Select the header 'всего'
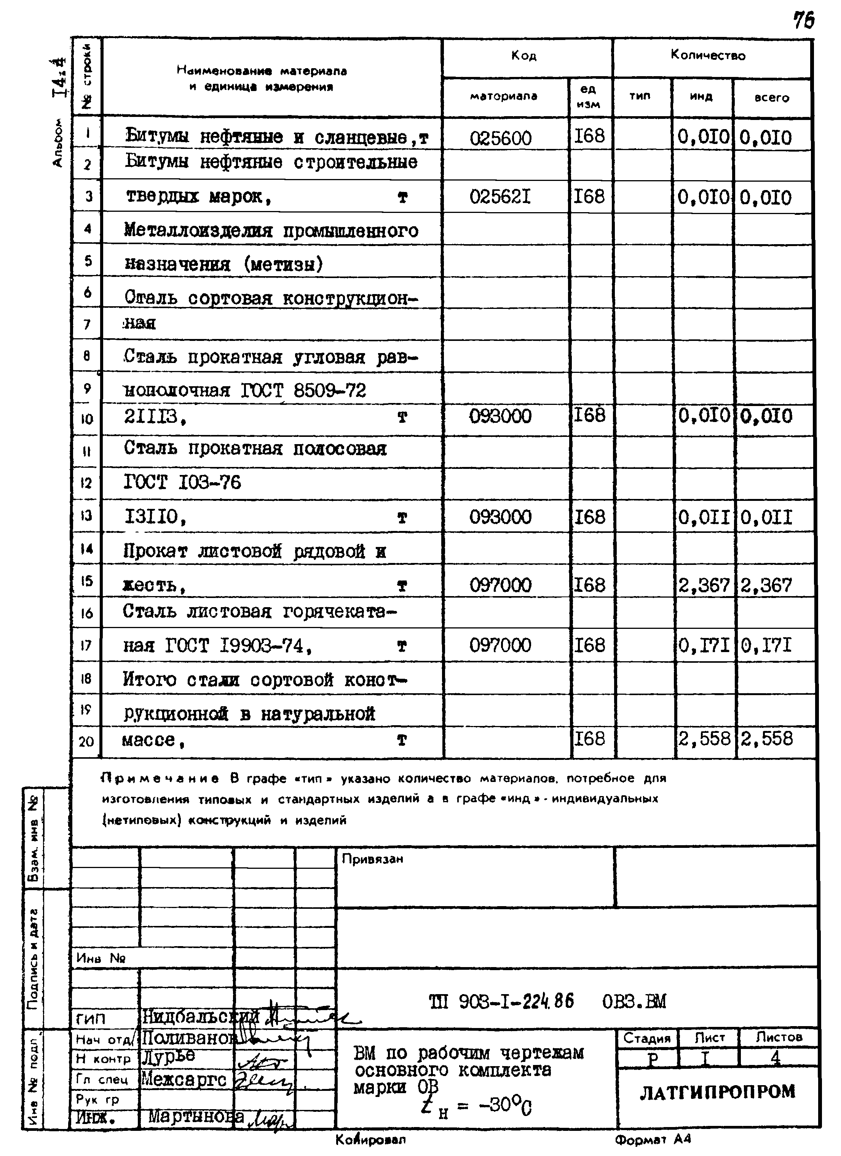[772, 98]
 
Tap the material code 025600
[500, 138]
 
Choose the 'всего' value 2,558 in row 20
[767, 739]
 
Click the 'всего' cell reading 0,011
[767, 518]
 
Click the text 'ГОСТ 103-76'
[182, 482]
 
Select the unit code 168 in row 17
[589, 645]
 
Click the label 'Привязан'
[372, 859]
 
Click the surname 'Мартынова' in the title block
[196, 1117]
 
